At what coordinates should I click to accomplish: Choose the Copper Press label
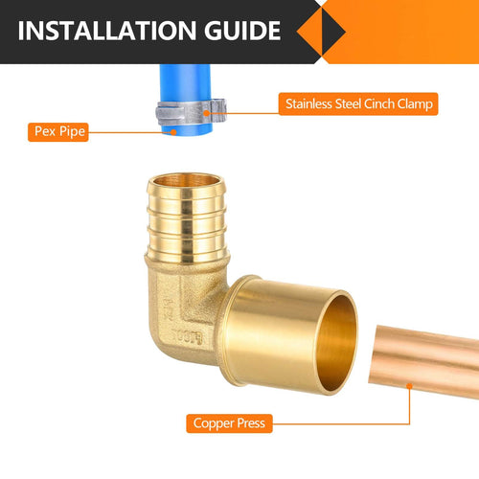[229, 422]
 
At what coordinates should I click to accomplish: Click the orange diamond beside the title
[319, 32]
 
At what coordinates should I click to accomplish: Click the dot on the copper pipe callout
[409, 386]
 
